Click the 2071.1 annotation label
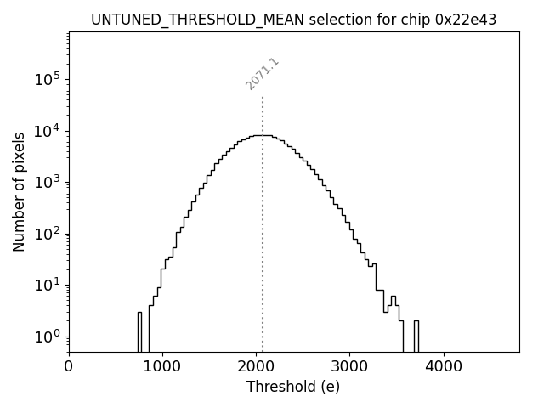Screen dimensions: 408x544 pos(263,74)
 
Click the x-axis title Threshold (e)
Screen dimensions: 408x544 pos(293,387)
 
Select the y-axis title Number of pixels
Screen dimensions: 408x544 pos(19,191)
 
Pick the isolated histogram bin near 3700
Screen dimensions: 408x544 pos(416,336)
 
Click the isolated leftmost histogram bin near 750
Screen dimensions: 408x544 pos(140,331)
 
